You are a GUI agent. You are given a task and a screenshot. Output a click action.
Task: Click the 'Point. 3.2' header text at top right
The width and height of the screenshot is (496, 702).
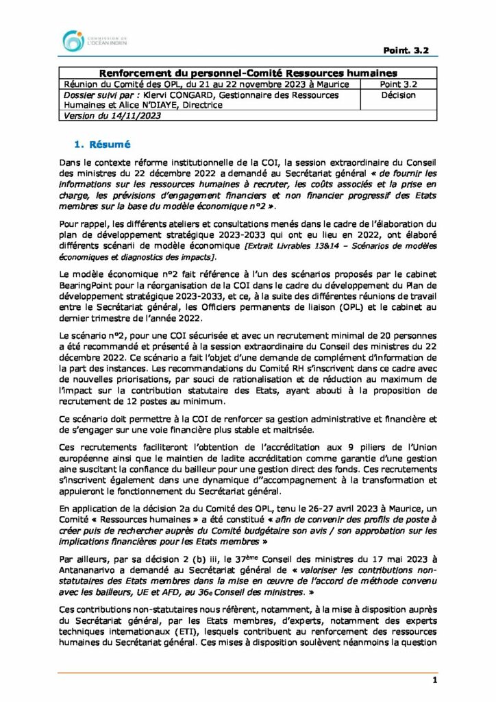tap(410, 51)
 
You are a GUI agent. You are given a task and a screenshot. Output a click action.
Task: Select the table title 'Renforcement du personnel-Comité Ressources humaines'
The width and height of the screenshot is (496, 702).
tap(248, 73)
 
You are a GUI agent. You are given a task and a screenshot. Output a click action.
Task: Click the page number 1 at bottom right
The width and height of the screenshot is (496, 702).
tap(435, 679)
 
